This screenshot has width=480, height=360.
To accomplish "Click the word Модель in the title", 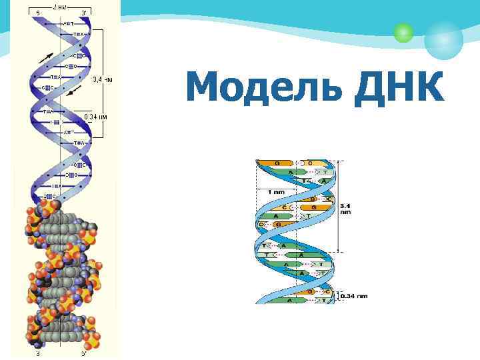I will [267, 87].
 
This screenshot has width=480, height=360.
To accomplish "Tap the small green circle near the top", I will [402, 32].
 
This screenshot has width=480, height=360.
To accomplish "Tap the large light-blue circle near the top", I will [443, 39].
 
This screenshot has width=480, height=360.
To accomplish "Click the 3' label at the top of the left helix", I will [83, 13].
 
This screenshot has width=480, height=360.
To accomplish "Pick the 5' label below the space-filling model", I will [83, 353].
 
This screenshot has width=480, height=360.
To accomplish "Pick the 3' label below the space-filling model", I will [37, 353].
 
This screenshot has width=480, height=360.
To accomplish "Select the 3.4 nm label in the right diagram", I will [345, 208].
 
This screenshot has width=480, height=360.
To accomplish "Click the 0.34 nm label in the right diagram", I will [353, 295].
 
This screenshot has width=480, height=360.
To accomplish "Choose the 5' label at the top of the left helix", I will [37, 13].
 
